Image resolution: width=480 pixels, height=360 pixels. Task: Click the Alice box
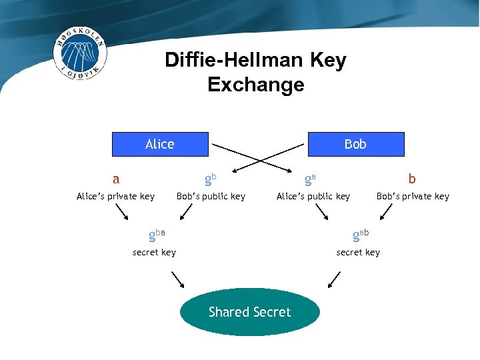click(x=160, y=144)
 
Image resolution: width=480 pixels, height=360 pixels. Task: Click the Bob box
click(x=355, y=144)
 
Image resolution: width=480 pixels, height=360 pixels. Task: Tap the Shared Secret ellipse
click(x=250, y=312)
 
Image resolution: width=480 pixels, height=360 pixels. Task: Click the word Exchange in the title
click(x=255, y=85)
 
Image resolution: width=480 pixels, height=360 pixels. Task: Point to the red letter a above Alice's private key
click(x=116, y=179)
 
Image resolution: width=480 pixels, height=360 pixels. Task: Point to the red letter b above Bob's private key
click(x=412, y=179)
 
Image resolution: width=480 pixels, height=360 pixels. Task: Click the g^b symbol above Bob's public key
click(x=210, y=179)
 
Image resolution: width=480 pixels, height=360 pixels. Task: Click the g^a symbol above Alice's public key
click(x=310, y=179)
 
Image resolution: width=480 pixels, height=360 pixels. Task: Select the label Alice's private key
click(x=115, y=196)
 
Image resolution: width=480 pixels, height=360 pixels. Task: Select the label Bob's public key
click(x=211, y=196)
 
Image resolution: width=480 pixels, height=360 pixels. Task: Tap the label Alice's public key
click(x=313, y=196)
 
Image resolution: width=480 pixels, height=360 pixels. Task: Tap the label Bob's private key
click(x=413, y=196)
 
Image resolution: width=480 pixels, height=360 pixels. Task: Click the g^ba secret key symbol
click(x=157, y=234)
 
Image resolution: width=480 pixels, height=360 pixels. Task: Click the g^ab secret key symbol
click(x=360, y=234)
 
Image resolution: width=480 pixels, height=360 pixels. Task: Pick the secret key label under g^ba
click(x=154, y=252)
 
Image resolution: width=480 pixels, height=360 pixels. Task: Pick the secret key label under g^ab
click(x=358, y=252)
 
